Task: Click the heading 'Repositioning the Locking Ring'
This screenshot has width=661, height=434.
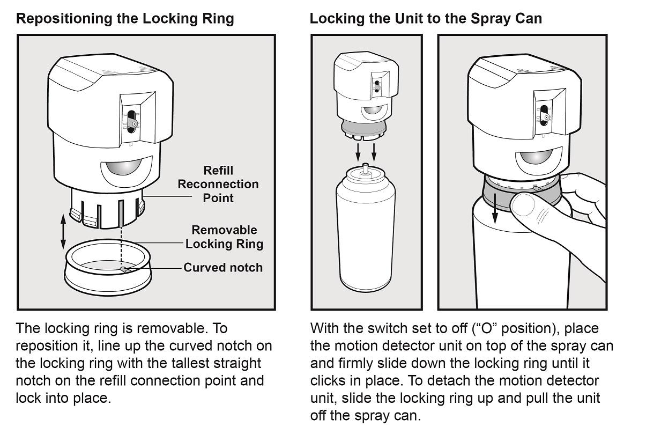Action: tap(125, 19)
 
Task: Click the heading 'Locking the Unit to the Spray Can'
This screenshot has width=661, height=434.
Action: tap(426, 19)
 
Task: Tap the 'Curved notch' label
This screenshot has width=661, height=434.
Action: tap(223, 268)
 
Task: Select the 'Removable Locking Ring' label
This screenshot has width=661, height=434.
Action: tap(224, 237)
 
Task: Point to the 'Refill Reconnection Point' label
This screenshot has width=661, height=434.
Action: tap(218, 184)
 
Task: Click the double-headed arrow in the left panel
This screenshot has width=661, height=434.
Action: tap(63, 232)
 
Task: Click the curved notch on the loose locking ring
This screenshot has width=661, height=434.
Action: tap(124, 269)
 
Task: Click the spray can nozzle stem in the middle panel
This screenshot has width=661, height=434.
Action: tap(365, 170)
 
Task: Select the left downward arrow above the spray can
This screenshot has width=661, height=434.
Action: tap(358, 152)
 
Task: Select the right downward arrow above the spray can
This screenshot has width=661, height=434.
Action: tap(374, 152)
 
